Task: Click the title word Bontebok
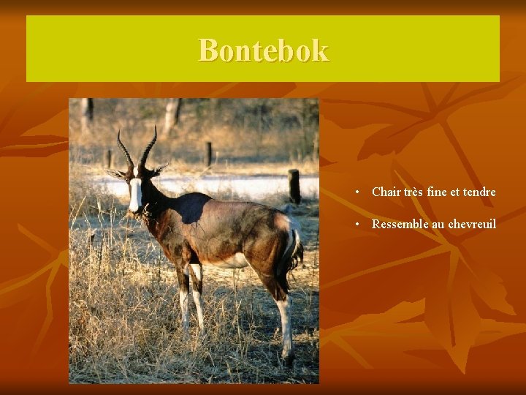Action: [263, 50]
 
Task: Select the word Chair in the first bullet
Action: [386, 192]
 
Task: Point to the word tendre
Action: [479, 192]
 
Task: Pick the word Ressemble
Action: [400, 224]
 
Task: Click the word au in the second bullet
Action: [438, 224]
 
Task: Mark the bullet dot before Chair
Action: [357, 193]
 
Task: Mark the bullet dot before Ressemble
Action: [357, 225]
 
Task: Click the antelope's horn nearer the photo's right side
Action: [148, 146]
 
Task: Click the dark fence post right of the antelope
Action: [294, 187]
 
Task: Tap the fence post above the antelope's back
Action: [208, 154]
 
